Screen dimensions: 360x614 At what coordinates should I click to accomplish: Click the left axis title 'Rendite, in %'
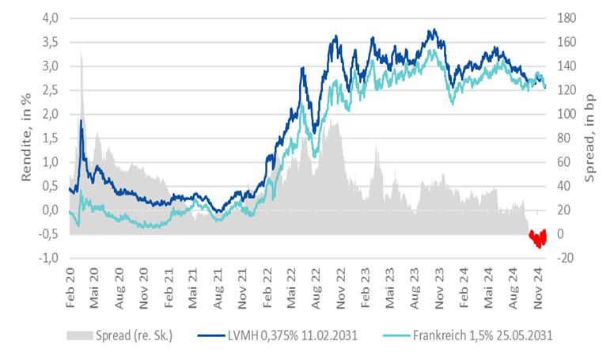25,138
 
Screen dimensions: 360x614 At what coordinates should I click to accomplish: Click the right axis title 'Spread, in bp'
590,138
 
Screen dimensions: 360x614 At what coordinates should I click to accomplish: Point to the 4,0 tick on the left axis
51,18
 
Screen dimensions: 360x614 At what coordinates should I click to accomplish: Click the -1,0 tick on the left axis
49,258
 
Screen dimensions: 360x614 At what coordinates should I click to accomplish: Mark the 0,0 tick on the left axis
51,210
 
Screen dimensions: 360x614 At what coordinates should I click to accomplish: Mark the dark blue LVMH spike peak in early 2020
81,120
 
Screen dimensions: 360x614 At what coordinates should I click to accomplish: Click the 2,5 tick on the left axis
51,90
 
